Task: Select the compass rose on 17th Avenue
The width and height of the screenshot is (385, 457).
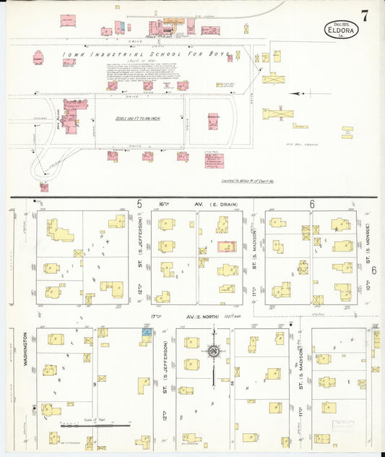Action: [x=214, y=351]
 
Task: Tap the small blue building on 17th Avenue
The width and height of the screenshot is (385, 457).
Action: [x=147, y=332]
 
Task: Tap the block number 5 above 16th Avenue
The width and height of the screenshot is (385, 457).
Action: [x=139, y=205]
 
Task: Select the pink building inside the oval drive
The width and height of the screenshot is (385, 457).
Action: [x=213, y=121]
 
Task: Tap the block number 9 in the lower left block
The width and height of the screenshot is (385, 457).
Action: [x=93, y=385]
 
